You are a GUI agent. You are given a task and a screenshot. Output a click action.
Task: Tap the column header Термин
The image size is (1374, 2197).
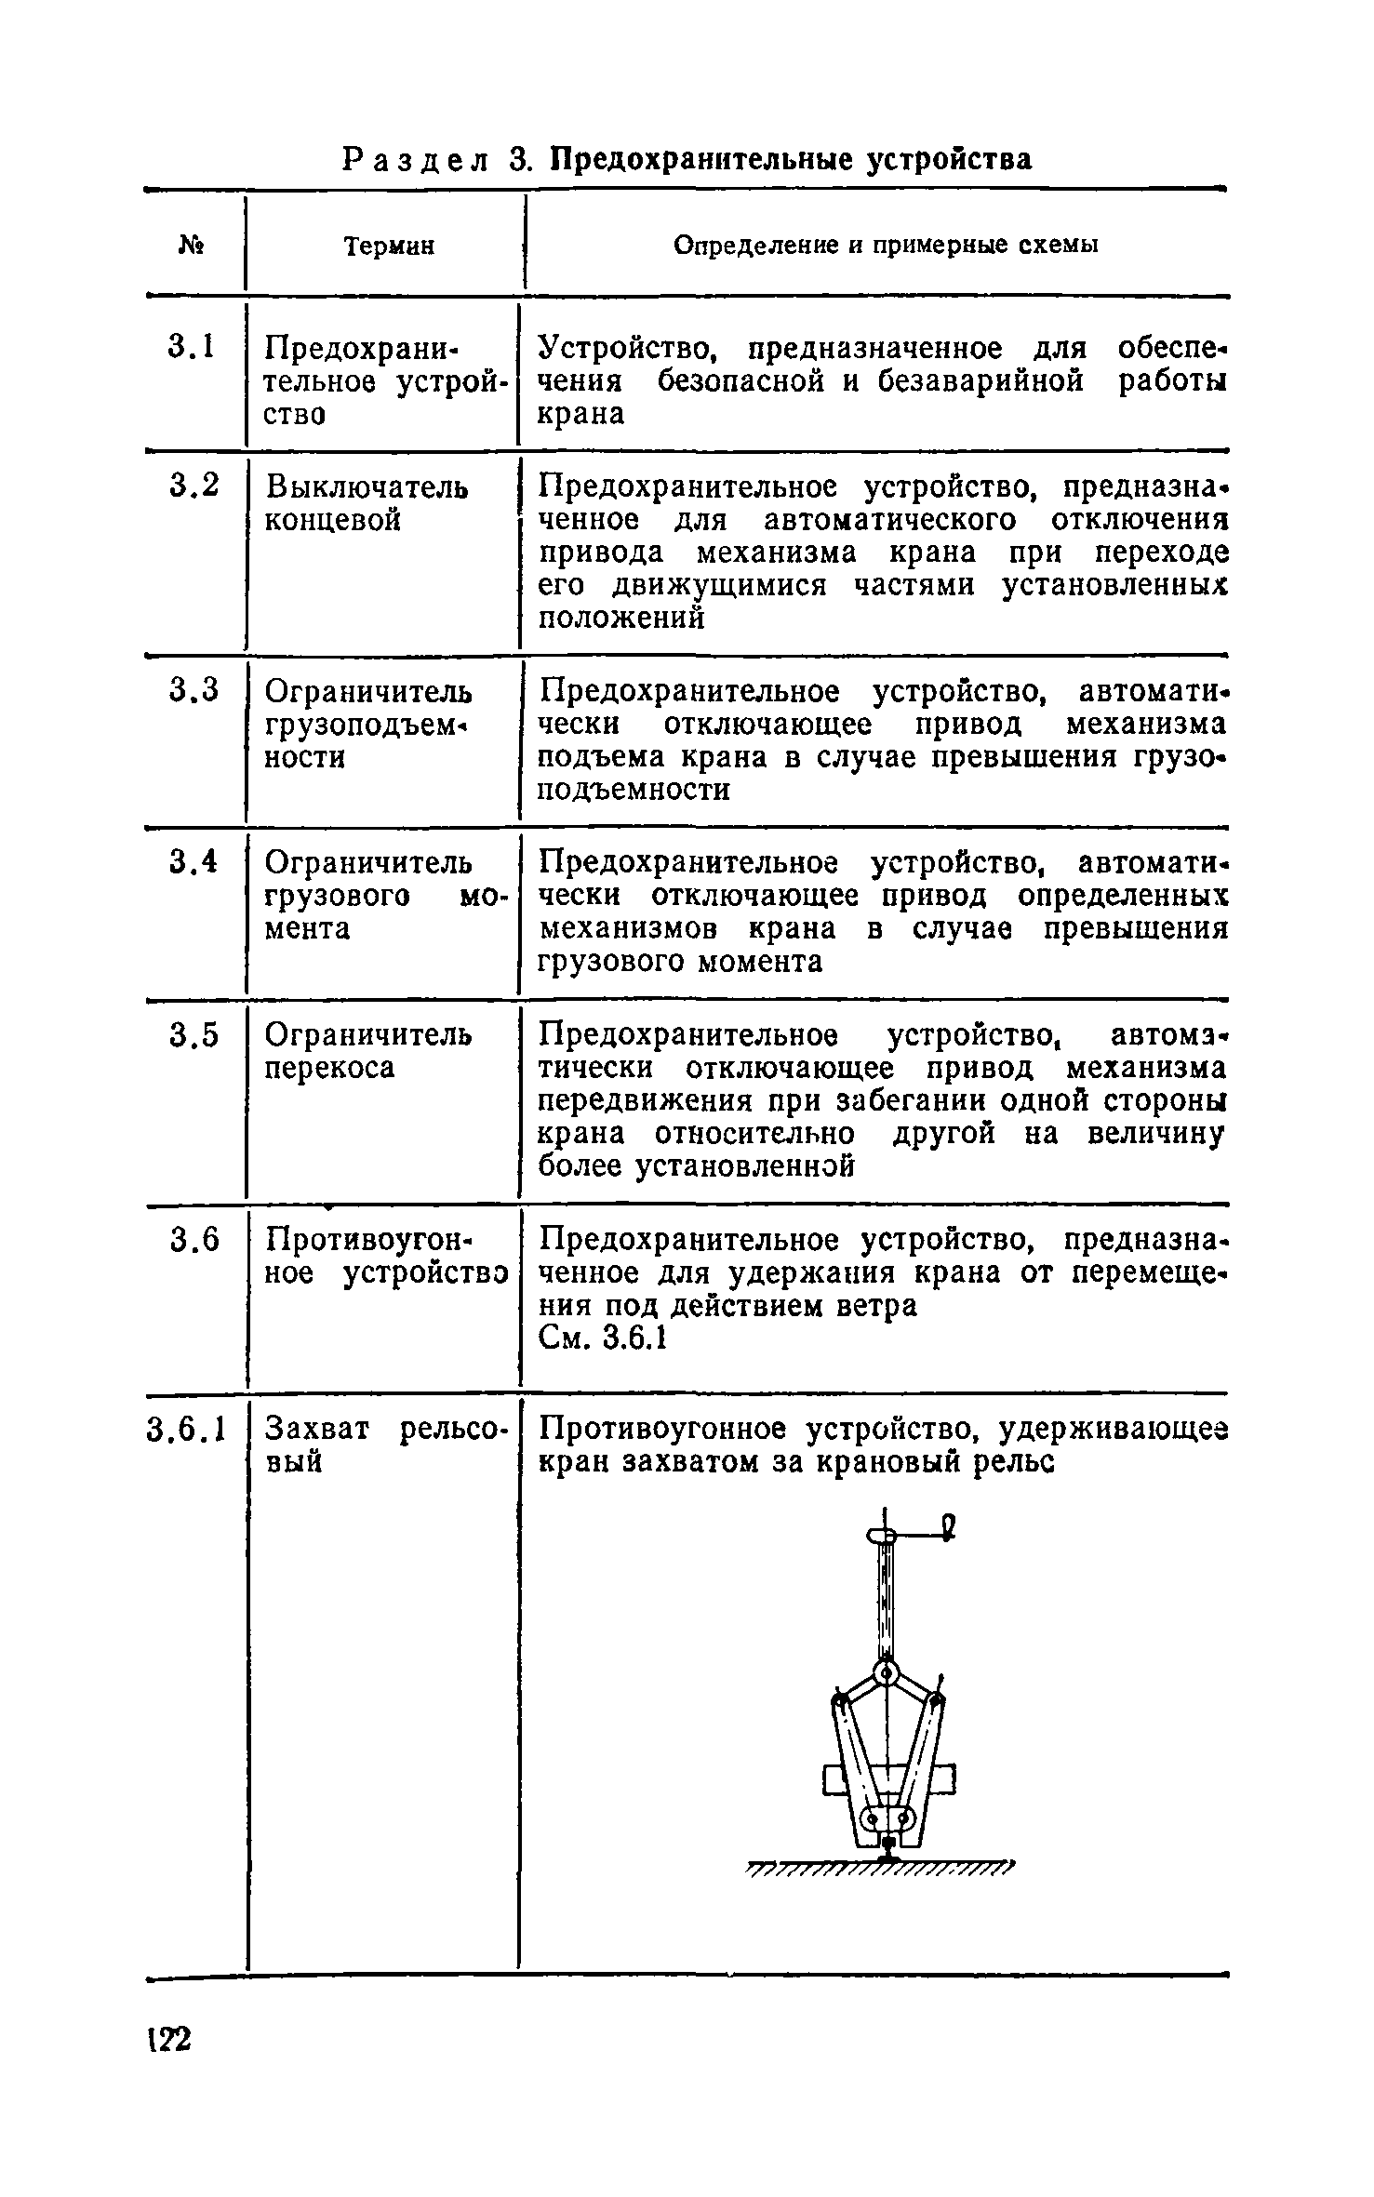coord(389,246)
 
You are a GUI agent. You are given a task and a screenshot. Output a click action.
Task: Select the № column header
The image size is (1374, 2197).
coord(192,245)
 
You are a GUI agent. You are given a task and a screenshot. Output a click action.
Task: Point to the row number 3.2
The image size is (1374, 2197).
coord(194,486)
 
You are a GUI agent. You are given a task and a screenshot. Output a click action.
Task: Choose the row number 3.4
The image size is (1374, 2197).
coord(194,862)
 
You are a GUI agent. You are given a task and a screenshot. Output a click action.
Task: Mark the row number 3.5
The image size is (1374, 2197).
coord(194,1034)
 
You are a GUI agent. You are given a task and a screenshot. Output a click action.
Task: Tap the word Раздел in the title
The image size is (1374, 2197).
coord(415,160)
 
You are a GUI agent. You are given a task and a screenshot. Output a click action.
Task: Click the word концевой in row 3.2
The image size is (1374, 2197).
coord(333,520)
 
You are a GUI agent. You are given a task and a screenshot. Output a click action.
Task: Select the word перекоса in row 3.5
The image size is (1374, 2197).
coord(329,1068)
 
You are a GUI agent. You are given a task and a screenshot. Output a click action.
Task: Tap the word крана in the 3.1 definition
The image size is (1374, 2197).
coord(581,414)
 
